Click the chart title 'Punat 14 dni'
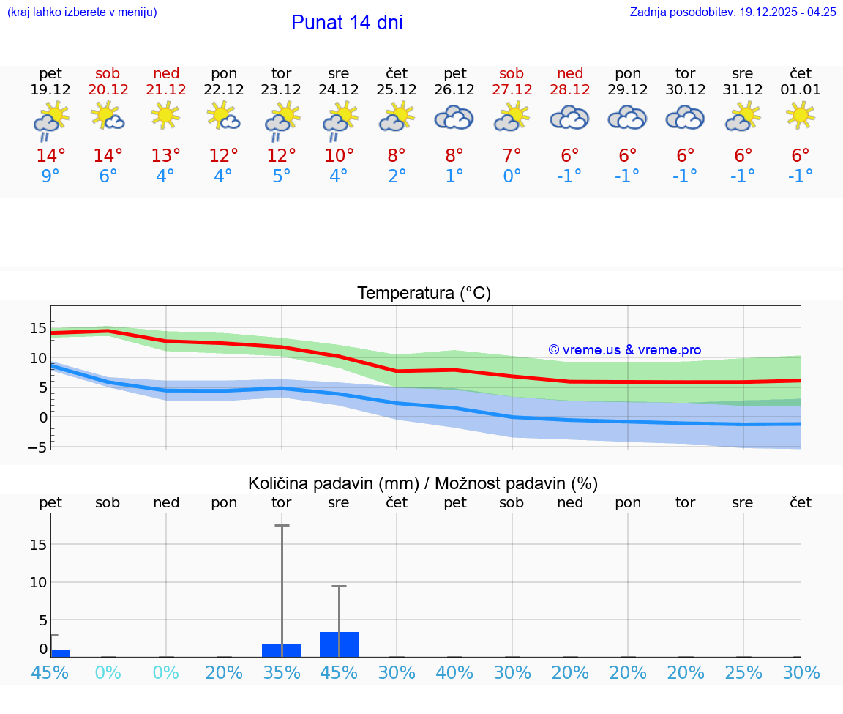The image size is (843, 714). pyautogui.click(x=347, y=23)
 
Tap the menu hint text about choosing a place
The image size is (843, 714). pyautogui.click(x=82, y=12)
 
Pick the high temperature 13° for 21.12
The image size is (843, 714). pyautogui.click(x=165, y=156)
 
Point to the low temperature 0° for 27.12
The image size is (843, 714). pyautogui.click(x=512, y=176)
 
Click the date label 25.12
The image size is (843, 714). pyautogui.click(x=397, y=90)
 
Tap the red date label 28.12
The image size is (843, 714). pyautogui.click(x=570, y=90)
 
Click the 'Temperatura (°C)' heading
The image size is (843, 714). pyautogui.click(x=424, y=294)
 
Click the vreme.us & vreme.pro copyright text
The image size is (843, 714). pyautogui.click(x=625, y=350)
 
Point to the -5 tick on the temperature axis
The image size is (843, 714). pyautogui.click(x=38, y=447)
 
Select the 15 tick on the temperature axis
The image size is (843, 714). pyautogui.click(x=38, y=328)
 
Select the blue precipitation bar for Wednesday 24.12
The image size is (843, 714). pyautogui.click(x=339, y=644)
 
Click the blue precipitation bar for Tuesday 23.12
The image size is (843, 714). pyautogui.click(x=281, y=650)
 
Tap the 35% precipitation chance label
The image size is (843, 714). pyautogui.click(x=282, y=672)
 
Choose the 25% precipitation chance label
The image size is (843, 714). pyautogui.click(x=743, y=672)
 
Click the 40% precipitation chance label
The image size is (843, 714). pyautogui.click(x=454, y=672)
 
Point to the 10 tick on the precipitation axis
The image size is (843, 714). pyautogui.click(x=38, y=582)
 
